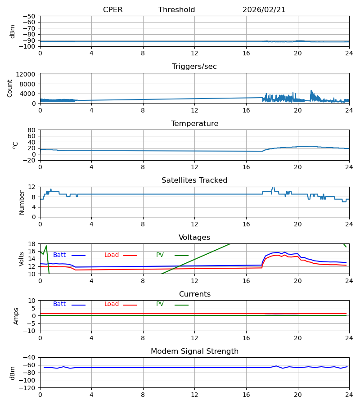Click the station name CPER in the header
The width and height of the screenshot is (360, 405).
pos(112,10)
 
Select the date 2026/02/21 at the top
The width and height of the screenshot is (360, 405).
pos(264,10)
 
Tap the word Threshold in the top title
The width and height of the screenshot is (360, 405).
pos(176,10)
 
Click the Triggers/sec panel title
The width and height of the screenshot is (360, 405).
pos(194,67)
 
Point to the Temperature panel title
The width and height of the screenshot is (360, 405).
pos(194,124)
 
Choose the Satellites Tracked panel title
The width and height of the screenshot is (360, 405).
pos(194,180)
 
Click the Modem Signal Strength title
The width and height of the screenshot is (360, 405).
pos(194,351)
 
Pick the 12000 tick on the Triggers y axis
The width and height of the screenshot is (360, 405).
pos(27,74)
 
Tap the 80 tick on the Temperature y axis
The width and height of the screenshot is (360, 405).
pos(31,130)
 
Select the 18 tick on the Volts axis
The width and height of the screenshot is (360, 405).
pos(31,244)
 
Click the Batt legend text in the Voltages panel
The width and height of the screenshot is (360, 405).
pos(59,255)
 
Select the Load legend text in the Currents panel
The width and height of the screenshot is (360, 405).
pos(112,304)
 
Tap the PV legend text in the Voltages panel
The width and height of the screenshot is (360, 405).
pos(160,255)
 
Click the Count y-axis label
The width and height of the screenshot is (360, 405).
pos(10,88)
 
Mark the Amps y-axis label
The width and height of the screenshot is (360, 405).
pos(16,316)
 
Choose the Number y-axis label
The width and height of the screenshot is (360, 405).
pos(22,202)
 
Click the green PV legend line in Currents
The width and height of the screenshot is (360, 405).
pos(181,305)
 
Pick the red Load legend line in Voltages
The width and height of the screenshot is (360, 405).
pos(130,256)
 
